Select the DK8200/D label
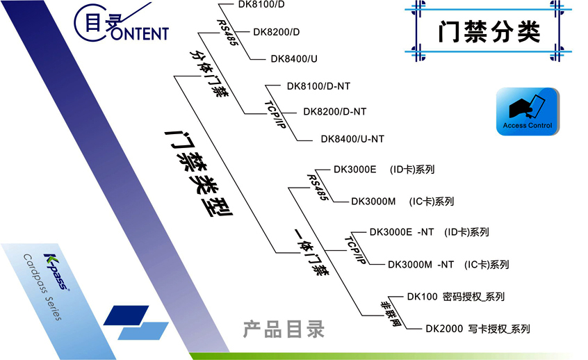pyautogui.click(x=277, y=32)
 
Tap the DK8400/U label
pyautogui.click(x=295, y=59)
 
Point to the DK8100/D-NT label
pyautogui.click(x=318, y=86)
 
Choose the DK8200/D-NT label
pyautogui.click(x=335, y=111)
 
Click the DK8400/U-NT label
pyautogui.click(x=352, y=139)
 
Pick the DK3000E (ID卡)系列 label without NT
pyautogui.click(x=384, y=169)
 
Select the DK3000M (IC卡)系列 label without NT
pyautogui.click(x=402, y=202)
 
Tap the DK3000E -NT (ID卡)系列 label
pyautogui.click(x=429, y=232)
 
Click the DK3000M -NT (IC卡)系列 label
pyautogui.click(x=448, y=265)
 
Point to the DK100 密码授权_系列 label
pyautogui.click(x=455, y=297)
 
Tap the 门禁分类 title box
pyautogui.click(x=489, y=32)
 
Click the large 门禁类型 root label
pyautogui.click(x=197, y=172)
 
